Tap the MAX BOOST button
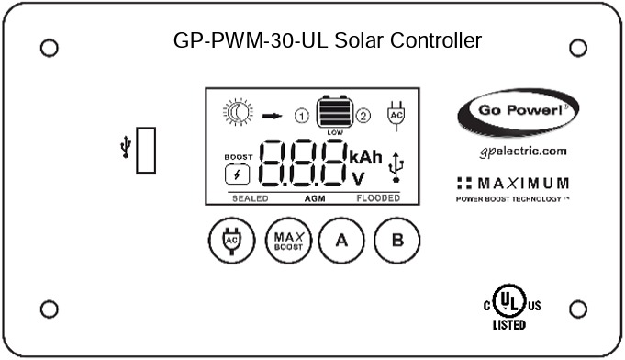285,241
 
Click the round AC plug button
227,241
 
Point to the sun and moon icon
237,114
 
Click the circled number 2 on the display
363,116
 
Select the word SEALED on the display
249,197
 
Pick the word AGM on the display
315,197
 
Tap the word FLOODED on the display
377,197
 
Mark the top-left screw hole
50,46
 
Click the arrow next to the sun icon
271,116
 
